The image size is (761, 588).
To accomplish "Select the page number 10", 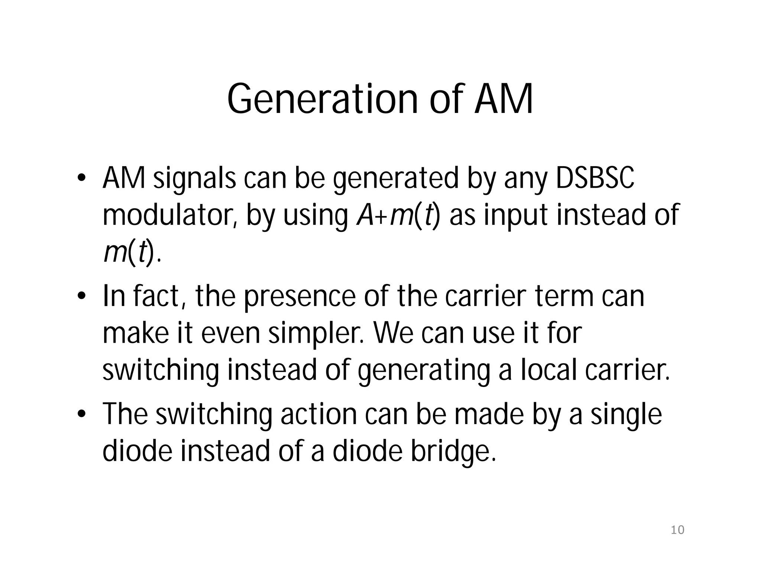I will [677, 530].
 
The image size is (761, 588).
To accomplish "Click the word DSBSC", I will [595, 178].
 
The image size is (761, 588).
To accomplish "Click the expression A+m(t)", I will [398, 216].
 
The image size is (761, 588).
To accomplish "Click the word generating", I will [424, 371].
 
